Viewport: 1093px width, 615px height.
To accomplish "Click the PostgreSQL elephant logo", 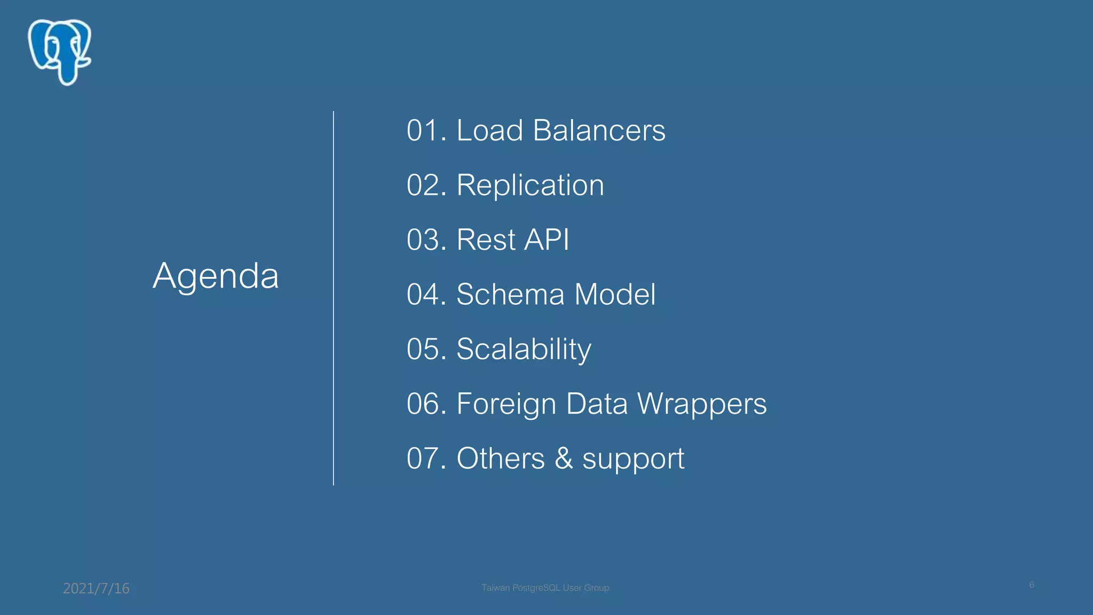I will pyautogui.click(x=60, y=52).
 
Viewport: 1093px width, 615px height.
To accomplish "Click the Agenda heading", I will pyautogui.click(x=216, y=276).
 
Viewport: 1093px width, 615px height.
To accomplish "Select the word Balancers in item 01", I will pyautogui.click(x=599, y=131).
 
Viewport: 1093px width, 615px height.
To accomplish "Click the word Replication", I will pyautogui.click(x=530, y=185).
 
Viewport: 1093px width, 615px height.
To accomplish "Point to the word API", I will pyautogui.click(x=546, y=240).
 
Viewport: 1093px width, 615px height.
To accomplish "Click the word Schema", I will pyautogui.click(x=510, y=295).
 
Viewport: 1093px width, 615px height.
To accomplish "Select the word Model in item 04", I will pyautogui.click(x=615, y=295).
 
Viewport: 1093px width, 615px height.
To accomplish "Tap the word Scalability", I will pyautogui.click(x=524, y=350).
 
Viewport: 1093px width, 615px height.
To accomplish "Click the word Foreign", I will pyautogui.click(x=506, y=404).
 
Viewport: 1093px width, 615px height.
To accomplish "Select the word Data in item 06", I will pyautogui.click(x=597, y=404).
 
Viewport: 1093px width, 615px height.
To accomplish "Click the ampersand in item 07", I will pyautogui.click(x=564, y=459).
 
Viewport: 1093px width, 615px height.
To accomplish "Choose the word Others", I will pyautogui.click(x=500, y=459).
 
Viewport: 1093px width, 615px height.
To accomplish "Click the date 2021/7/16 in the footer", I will pyautogui.click(x=96, y=588).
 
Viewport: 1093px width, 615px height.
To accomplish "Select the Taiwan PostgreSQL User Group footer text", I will pyautogui.click(x=545, y=588).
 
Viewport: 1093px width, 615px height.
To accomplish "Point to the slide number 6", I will pyautogui.click(x=1032, y=585).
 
